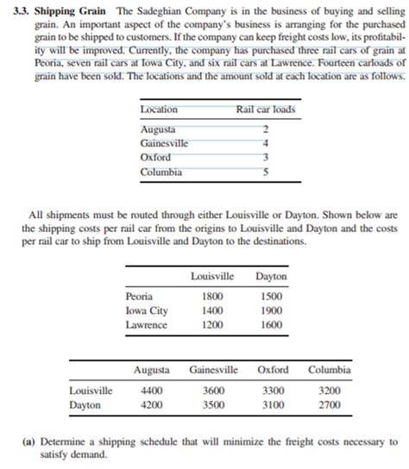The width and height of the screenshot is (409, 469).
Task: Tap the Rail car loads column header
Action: (265, 110)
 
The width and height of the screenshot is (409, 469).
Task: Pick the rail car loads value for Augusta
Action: (265, 128)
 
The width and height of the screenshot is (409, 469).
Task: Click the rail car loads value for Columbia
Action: (265, 172)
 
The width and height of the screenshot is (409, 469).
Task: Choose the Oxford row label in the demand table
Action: (155, 158)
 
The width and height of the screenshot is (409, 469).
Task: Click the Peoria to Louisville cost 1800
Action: (212, 296)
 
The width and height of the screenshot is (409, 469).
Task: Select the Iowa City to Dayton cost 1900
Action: (272, 310)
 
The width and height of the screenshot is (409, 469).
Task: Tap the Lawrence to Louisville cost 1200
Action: (212, 325)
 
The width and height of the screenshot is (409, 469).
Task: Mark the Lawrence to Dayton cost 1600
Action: (272, 325)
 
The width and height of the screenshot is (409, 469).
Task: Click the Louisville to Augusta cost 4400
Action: (152, 391)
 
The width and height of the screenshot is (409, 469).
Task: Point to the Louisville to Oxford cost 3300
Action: (272, 391)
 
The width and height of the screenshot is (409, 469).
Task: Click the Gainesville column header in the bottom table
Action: (213, 370)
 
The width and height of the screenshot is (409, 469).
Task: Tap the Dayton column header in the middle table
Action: (272, 276)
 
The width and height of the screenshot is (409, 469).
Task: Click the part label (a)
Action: (29, 441)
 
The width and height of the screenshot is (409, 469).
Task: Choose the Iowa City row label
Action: (147, 310)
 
